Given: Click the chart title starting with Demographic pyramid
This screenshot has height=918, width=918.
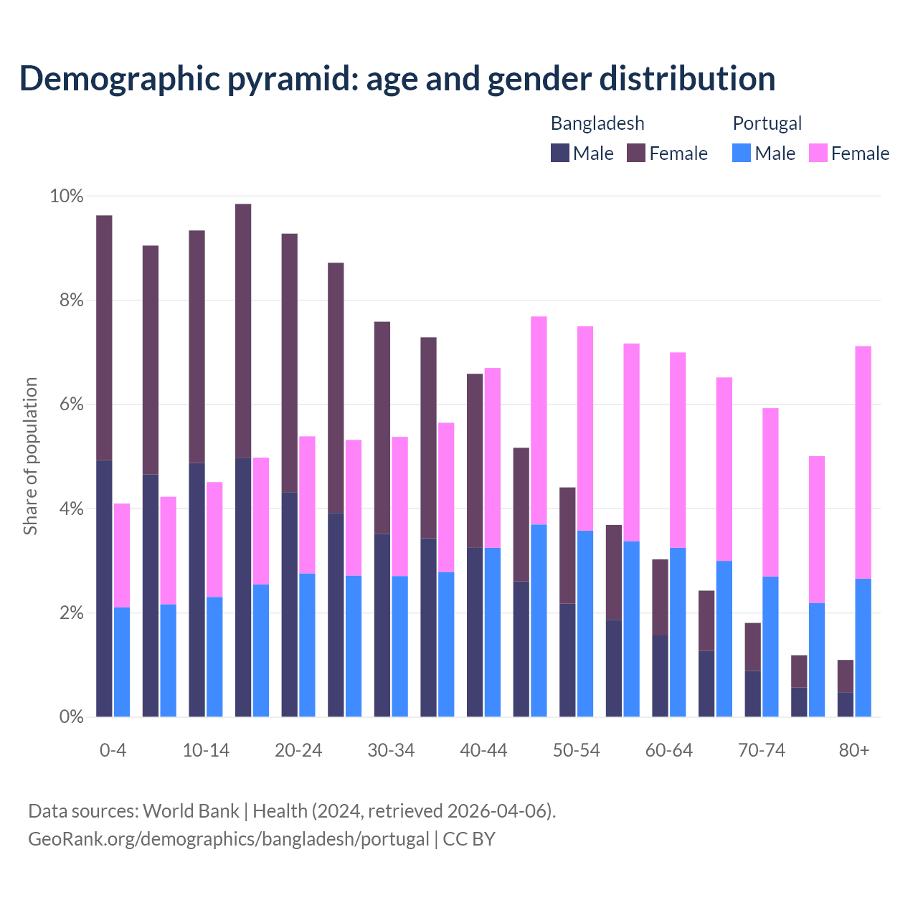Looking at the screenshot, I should [397, 79].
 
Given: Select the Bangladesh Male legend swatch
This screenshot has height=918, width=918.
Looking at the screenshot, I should [560, 153].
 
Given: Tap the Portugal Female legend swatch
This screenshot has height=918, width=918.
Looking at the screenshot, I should [818, 153].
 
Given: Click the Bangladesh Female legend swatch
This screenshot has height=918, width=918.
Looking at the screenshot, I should [636, 153].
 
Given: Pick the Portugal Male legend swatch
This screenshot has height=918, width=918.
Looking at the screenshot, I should [742, 153].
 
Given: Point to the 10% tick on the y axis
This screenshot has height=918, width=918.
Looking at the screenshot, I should [66, 197].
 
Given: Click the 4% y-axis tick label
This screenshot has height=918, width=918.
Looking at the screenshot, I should [70, 509].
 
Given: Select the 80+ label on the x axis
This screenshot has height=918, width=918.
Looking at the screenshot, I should [854, 751].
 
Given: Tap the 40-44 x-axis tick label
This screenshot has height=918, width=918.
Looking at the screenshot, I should [483, 751].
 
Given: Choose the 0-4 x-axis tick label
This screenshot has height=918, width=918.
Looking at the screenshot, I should [113, 751].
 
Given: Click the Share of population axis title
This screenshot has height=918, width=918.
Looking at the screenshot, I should [31, 456].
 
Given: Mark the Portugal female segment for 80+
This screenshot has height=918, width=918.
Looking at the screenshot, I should [863, 462].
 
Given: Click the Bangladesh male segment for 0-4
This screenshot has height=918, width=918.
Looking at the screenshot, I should [104, 588].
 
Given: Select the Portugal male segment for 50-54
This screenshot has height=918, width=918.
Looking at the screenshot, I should [585, 623].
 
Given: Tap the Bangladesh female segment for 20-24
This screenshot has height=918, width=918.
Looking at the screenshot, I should [289, 363].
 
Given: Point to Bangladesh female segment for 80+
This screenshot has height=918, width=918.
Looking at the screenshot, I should [846, 676].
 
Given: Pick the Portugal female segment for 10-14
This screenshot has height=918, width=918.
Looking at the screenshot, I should [214, 539].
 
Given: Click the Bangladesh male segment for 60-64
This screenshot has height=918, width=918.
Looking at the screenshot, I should [660, 676].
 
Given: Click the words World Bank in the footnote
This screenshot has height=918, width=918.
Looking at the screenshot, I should [191, 811].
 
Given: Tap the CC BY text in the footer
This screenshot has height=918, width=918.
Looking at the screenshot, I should [469, 839].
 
